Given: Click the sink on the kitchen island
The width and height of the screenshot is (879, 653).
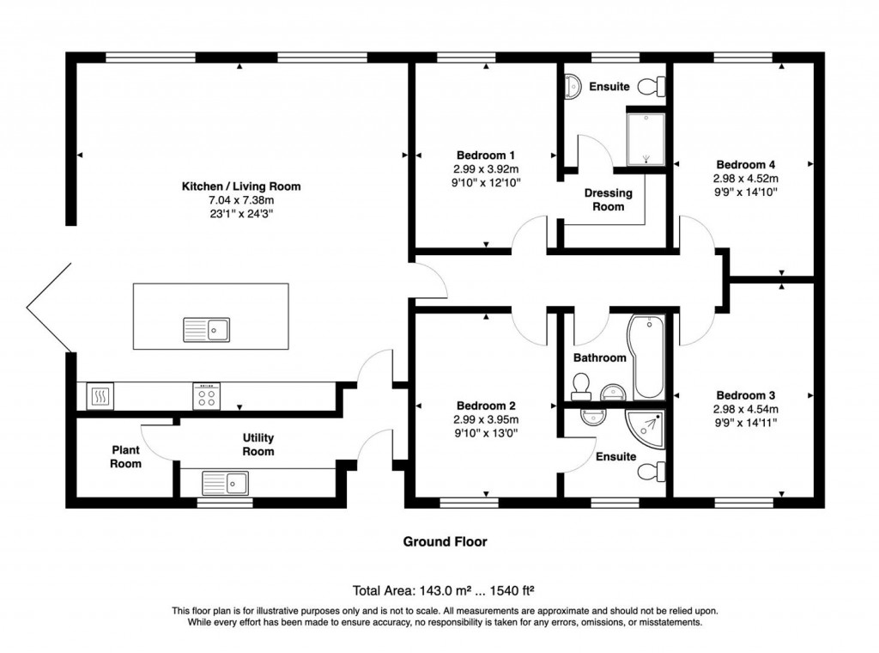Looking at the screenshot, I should (206, 328).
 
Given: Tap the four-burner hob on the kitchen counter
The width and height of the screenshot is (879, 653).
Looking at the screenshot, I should (206, 395).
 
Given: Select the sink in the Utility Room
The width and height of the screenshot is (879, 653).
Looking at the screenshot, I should (224, 484).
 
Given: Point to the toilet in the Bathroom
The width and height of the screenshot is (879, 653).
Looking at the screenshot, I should (580, 387).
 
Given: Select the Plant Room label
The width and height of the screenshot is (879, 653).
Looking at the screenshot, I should (125, 456).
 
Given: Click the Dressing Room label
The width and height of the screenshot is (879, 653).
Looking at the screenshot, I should (609, 199).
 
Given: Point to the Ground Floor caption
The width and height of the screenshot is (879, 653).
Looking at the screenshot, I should (445, 541).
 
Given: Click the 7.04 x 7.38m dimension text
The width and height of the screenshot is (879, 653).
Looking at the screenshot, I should (240, 199).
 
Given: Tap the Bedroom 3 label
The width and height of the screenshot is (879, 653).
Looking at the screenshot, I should (745, 396).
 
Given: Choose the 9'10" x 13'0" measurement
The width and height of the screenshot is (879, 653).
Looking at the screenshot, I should (486, 432).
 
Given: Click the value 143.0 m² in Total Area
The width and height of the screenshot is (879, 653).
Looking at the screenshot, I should (445, 590).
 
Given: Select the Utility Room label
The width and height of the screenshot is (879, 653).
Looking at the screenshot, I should (258, 444).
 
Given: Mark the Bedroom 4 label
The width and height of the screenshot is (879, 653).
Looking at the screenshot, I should (745, 165).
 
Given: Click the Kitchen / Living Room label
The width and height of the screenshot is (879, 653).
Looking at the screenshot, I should (240, 186).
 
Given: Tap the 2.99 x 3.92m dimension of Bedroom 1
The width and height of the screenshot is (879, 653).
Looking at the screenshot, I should (486, 169).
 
